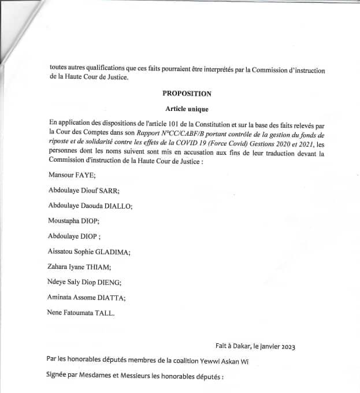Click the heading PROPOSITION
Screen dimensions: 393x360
click(187, 94)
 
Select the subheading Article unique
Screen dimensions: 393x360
click(187, 109)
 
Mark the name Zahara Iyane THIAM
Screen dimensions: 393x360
click(81, 267)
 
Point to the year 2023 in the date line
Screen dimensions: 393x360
click(285, 347)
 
